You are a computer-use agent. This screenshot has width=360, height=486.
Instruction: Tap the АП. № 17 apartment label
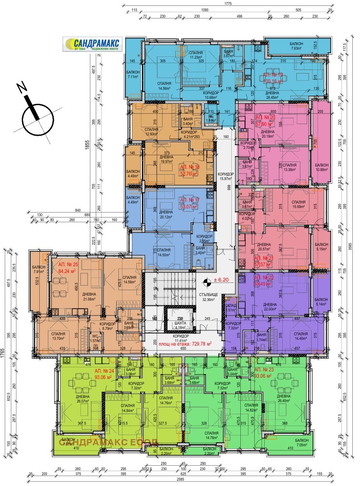tap(189, 203)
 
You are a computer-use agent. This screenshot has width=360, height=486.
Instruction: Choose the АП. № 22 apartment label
tap(264, 280)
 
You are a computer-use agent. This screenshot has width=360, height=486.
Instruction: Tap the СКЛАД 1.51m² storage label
tap(230, 308)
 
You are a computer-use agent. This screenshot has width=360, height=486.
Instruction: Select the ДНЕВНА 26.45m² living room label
tap(272, 93)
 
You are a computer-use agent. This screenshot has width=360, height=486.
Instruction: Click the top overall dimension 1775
tap(227, 4)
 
